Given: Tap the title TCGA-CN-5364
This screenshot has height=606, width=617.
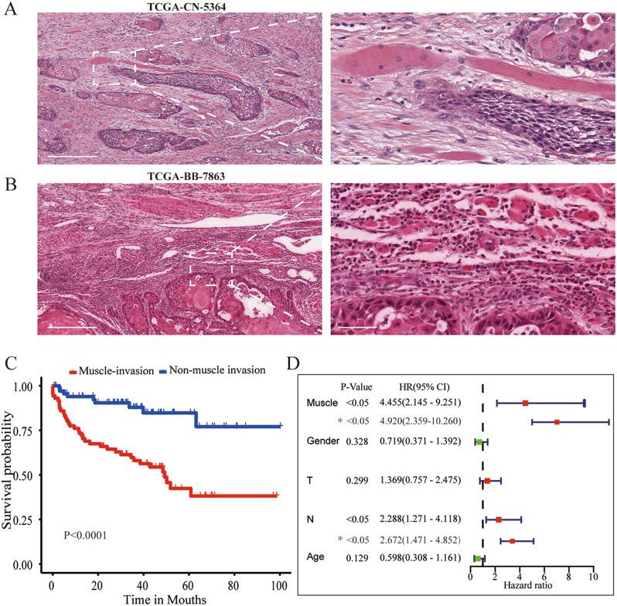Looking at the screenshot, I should point(170,8).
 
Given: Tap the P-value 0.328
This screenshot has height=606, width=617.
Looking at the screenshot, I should point(356,441).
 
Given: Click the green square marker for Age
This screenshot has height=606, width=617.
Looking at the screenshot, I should point(478,557).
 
